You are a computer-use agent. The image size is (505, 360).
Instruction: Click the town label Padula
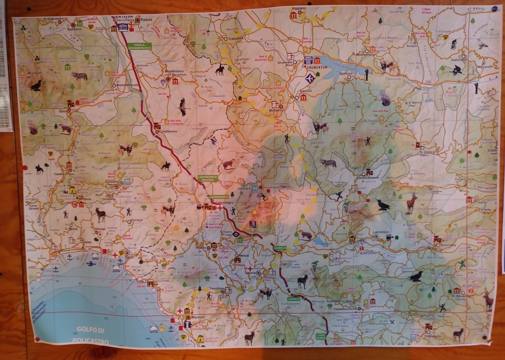click(146, 19)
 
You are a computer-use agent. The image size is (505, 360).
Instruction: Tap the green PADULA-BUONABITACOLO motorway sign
click(140, 47)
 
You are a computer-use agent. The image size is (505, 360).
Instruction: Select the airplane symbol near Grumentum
click(310, 78)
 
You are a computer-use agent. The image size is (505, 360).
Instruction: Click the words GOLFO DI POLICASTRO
click(90, 335)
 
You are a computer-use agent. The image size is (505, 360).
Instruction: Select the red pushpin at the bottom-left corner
click(36, 339)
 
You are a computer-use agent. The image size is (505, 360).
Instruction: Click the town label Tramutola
click(236, 38)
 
